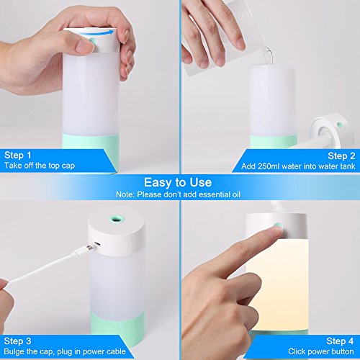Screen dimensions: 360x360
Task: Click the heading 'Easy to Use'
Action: tap(178, 182)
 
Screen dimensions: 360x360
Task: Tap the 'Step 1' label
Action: tap(18, 156)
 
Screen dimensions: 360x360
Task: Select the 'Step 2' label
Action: tap(341, 156)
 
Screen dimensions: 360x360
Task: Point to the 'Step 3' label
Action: tap(17, 341)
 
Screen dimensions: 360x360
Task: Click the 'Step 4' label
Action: tap(340, 341)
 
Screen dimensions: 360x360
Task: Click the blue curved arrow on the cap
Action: tap(96, 33)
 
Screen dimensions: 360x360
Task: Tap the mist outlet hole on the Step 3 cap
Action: tap(117, 218)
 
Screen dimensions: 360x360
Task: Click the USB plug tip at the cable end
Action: tap(89, 248)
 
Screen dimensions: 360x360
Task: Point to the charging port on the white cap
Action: tap(97, 244)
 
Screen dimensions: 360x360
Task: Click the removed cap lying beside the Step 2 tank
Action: tap(333, 131)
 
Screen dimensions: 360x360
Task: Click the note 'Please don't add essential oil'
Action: tap(189, 194)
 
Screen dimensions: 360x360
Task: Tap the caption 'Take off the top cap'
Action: tap(40, 166)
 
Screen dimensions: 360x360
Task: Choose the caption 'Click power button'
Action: tap(321, 351)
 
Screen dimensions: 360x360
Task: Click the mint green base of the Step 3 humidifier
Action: tap(117, 323)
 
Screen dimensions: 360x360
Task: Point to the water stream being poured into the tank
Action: tap(268, 56)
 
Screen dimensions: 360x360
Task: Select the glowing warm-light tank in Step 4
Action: tap(277, 284)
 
